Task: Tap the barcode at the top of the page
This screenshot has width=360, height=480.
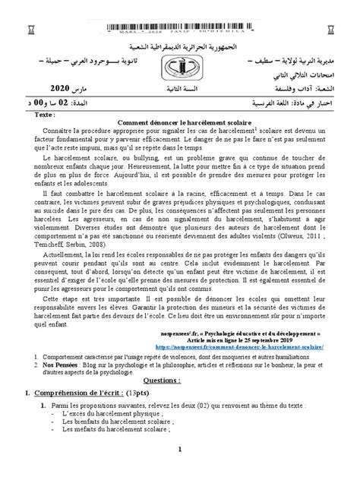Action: click(x=180, y=27)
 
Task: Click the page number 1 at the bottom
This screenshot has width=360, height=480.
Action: click(x=180, y=470)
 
